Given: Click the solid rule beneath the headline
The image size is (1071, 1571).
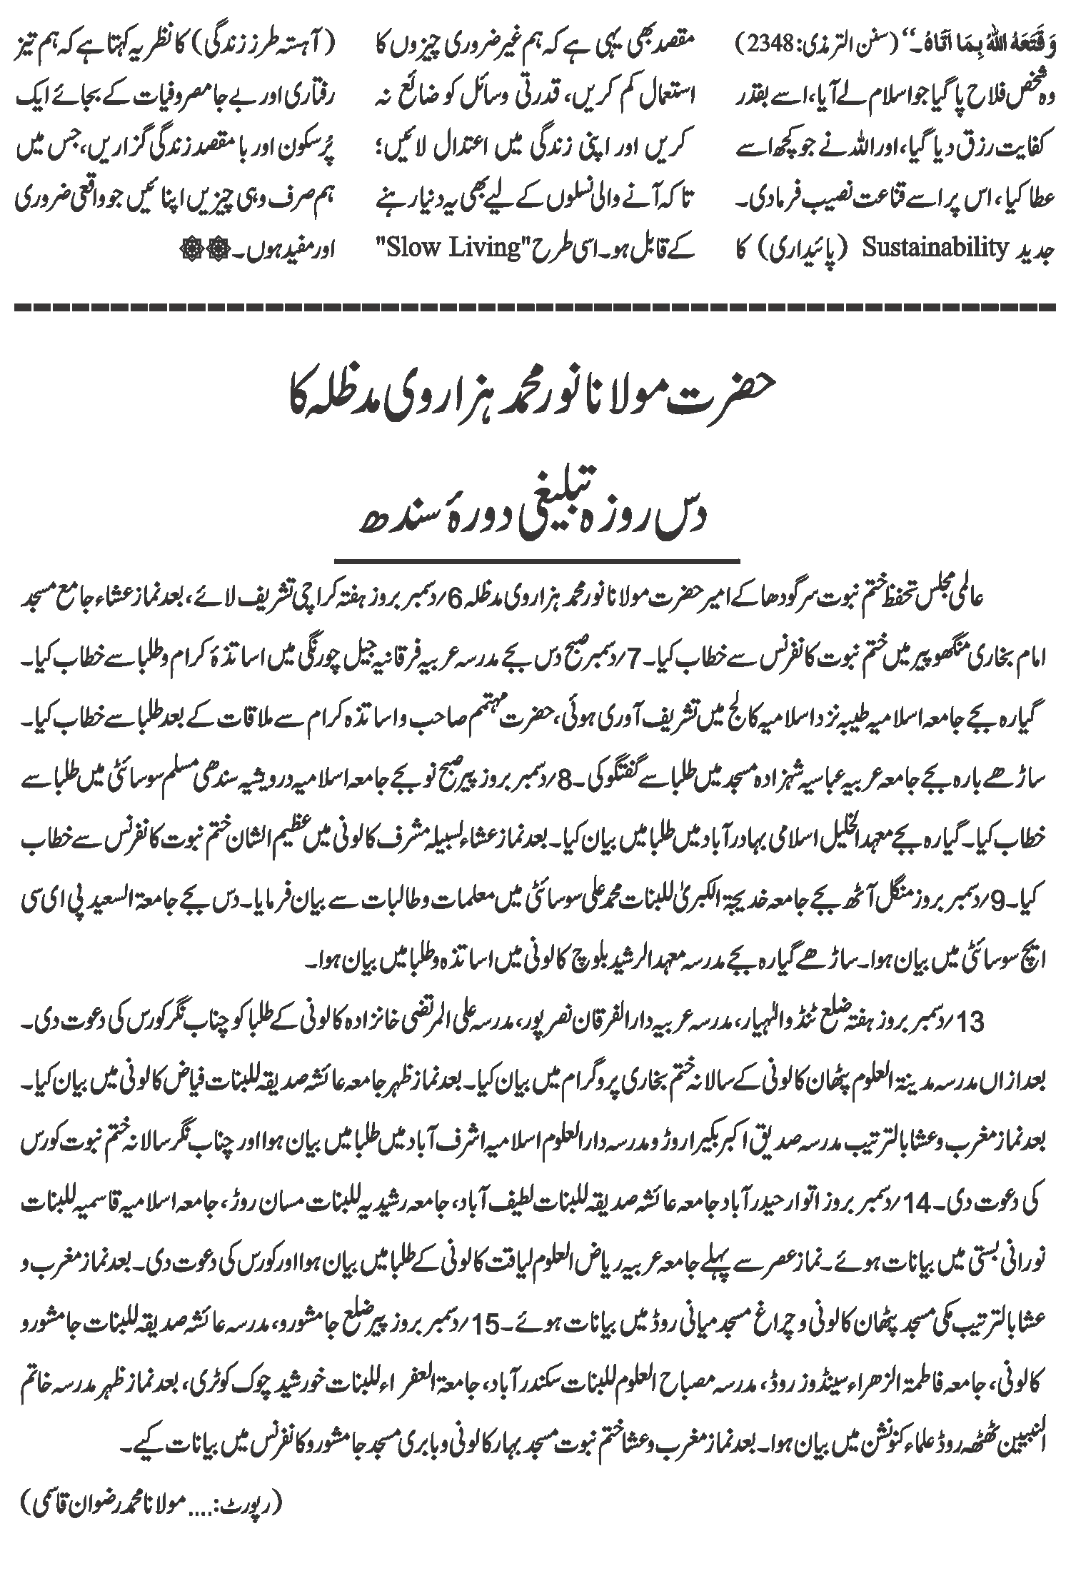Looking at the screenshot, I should pyautogui.click(x=535, y=558).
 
